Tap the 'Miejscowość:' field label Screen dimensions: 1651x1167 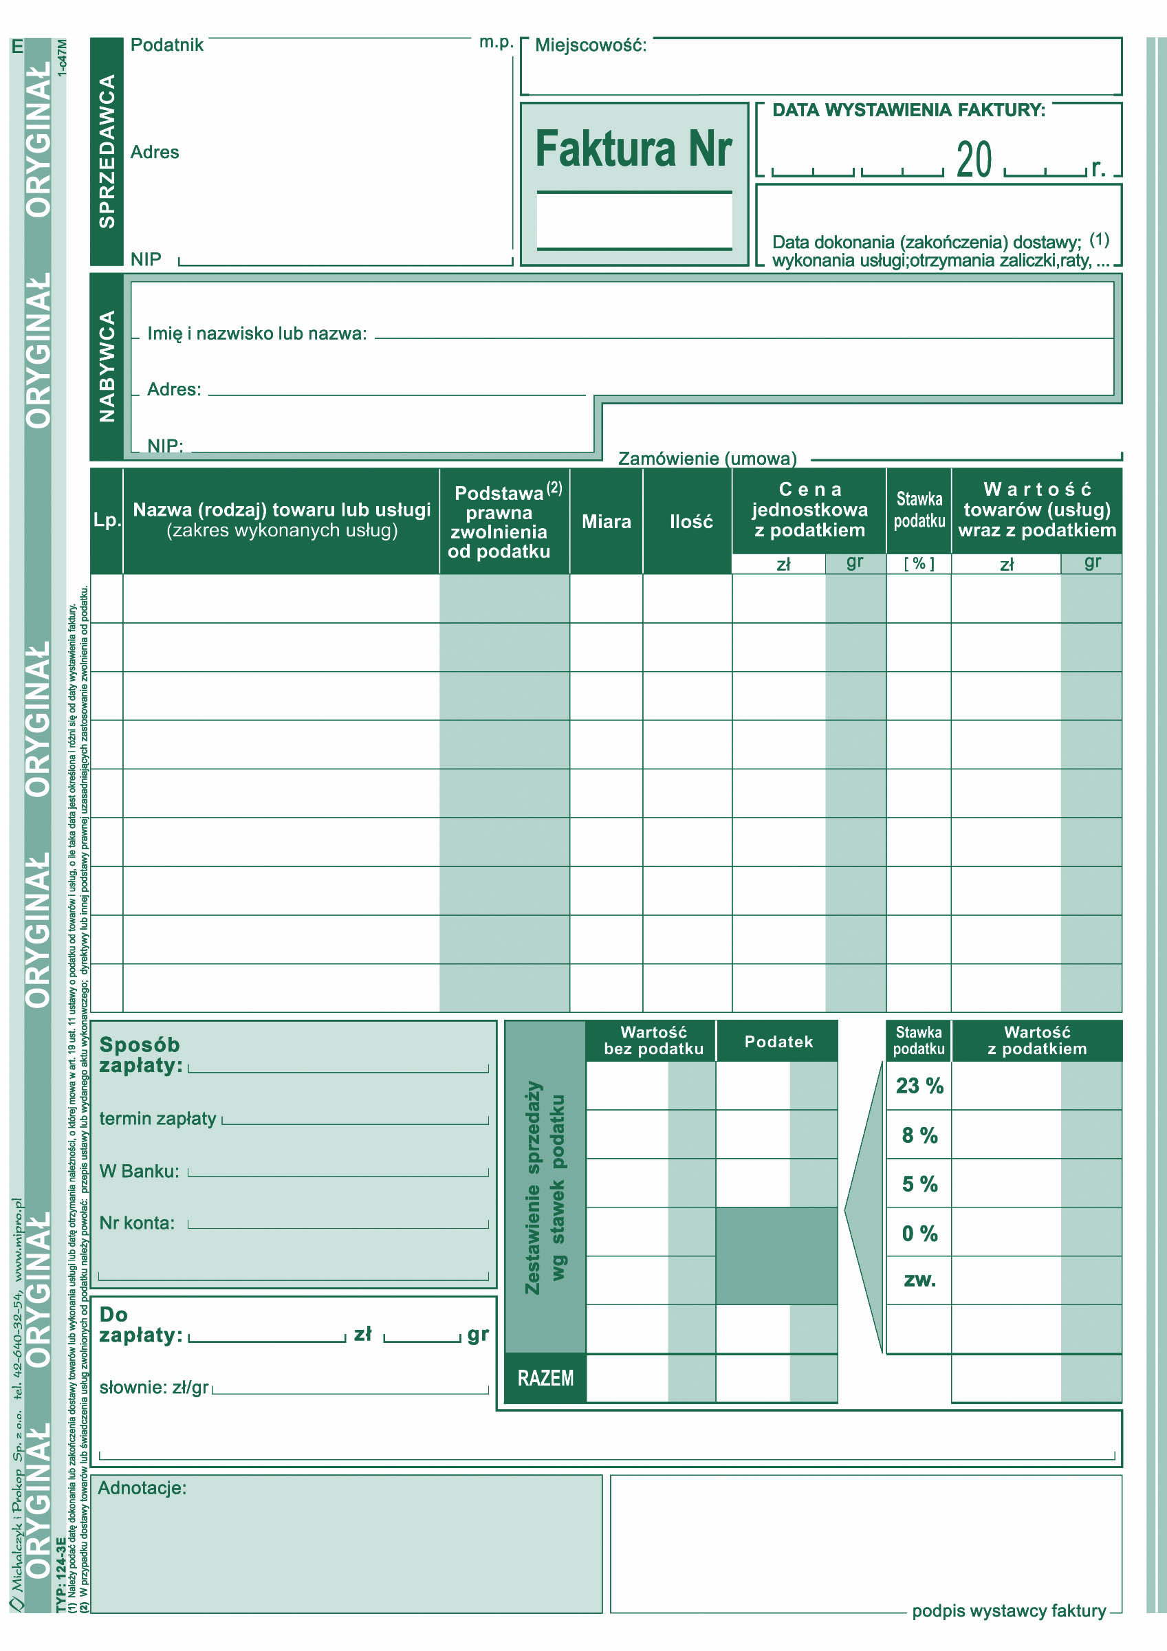(590, 45)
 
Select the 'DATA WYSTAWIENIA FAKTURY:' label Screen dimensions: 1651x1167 (908, 110)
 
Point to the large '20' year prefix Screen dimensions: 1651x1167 (974, 160)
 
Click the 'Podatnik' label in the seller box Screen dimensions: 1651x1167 (167, 45)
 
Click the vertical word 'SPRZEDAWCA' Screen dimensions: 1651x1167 (107, 152)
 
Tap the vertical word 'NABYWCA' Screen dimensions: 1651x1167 (107, 366)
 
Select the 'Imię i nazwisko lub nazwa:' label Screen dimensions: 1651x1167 (257, 334)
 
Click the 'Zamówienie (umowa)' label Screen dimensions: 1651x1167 (708, 458)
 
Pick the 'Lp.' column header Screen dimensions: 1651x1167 (107, 521)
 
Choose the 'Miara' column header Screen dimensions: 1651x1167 (606, 521)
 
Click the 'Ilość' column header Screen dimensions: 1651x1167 (691, 521)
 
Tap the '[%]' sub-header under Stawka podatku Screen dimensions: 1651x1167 (919, 564)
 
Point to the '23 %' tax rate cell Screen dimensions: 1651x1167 (919, 1086)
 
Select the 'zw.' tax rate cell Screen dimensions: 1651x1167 (919, 1279)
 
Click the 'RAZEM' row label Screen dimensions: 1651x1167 (545, 1379)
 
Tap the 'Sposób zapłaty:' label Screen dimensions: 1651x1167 (140, 1055)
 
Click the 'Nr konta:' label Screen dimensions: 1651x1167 (137, 1223)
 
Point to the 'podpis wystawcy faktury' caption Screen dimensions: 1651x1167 (1008, 1610)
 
